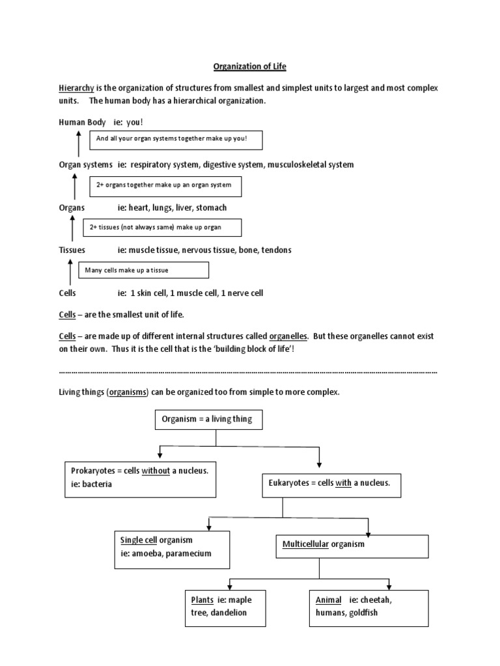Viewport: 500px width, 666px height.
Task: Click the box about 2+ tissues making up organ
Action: point(163,227)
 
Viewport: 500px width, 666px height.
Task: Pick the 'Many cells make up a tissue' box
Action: point(144,270)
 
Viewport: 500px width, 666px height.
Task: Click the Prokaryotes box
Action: point(140,478)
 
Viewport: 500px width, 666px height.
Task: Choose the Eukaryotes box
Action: point(330,483)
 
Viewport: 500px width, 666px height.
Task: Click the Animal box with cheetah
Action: point(368,607)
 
